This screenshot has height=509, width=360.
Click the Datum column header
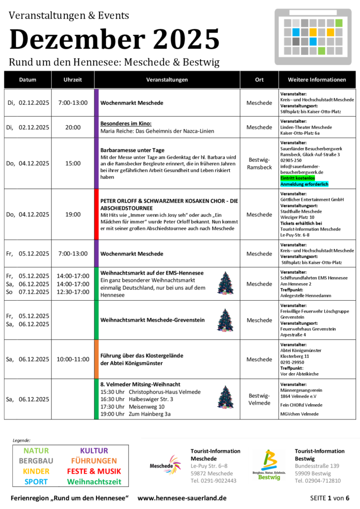click(x=28, y=80)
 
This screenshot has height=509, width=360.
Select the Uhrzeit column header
click(x=73, y=80)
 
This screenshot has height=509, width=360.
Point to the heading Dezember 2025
click(x=114, y=39)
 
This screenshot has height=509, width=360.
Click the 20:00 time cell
click(x=73, y=127)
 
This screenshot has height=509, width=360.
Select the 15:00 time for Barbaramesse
click(x=73, y=163)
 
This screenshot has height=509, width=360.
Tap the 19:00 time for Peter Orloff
click(x=73, y=215)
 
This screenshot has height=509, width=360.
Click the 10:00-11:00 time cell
click(x=73, y=359)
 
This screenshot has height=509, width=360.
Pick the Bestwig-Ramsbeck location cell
click(x=259, y=163)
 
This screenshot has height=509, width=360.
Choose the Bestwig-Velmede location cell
click(x=259, y=399)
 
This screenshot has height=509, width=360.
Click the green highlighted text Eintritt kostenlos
click(x=298, y=177)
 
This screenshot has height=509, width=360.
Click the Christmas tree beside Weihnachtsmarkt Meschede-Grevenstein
click(x=225, y=320)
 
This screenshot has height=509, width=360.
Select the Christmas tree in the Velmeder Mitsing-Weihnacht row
click(x=225, y=397)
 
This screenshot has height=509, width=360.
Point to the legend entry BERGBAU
click(x=36, y=461)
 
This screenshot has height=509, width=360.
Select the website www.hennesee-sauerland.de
click(x=182, y=498)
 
